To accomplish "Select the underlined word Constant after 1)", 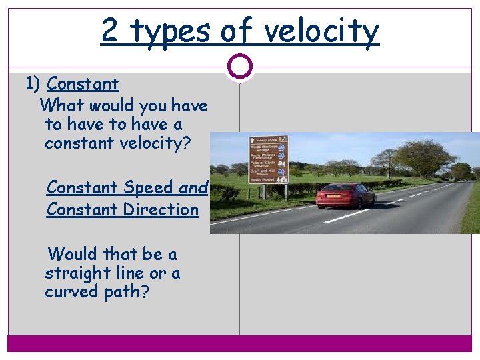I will [83, 84].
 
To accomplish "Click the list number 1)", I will [33, 84].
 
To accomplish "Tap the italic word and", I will [193, 188].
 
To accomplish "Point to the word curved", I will [71, 292].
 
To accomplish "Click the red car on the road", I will [345, 195].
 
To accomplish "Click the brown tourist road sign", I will [268, 160].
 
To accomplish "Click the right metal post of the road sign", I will [286, 193].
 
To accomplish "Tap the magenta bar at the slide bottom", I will [240, 343].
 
